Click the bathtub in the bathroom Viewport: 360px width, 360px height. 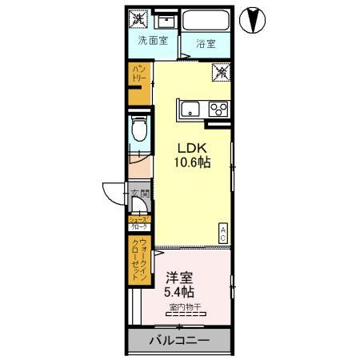coord(205,21)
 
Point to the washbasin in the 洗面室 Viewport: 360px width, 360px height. coord(167,20)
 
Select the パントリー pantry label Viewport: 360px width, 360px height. coord(137,79)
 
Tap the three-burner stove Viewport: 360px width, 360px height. coord(218,109)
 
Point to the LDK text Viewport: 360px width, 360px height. coord(191,148)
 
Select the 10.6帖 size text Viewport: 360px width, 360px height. coord(192,163)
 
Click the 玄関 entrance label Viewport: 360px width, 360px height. coord(139,194)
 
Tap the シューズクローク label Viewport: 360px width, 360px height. coord(139,222)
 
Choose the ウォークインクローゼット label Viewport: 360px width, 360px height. coord(140,257)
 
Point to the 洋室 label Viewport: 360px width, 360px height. coord(181,278)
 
